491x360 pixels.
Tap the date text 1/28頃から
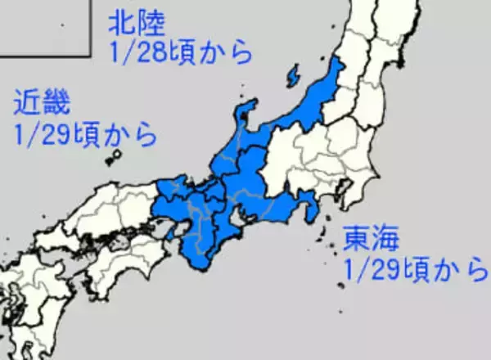[x=179, y=52]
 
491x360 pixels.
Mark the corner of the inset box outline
[x=88, y=55]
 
